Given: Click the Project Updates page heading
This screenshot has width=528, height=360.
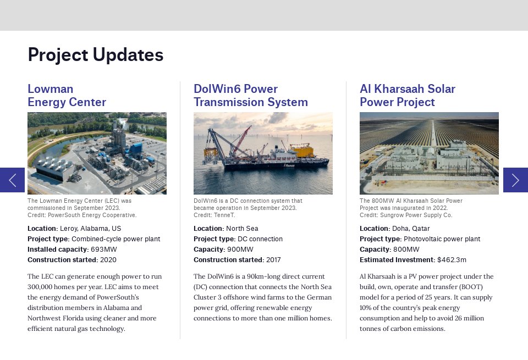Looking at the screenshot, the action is coord(96,55).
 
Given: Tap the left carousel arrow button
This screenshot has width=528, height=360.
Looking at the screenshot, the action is coord(12,180).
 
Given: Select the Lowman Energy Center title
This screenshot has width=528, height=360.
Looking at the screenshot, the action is coord(67,96).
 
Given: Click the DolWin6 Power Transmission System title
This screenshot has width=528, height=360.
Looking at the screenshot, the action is coord(251,96).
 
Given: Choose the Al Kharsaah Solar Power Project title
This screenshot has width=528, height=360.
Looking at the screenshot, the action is coord(408,96).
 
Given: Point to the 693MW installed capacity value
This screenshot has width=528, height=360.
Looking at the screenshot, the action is coord(104,250).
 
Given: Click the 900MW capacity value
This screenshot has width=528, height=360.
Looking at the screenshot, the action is coord(240,250).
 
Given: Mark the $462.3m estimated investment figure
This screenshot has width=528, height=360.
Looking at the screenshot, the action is coord(452,260).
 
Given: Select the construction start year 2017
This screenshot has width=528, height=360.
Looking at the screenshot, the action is coord(273,260).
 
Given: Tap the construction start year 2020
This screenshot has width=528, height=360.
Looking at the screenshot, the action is coord(108,260).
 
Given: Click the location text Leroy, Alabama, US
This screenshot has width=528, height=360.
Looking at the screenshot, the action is coord(91,229).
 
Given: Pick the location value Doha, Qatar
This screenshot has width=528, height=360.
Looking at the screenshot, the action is coord(411,229).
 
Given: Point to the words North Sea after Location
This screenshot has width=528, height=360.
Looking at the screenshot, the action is coord(242,229).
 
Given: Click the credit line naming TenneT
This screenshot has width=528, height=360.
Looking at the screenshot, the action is coord(214,215).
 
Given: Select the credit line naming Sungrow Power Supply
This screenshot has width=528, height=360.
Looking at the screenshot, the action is coord(406,215).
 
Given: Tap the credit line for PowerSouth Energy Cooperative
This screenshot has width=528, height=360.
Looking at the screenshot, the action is coord(82,215).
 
